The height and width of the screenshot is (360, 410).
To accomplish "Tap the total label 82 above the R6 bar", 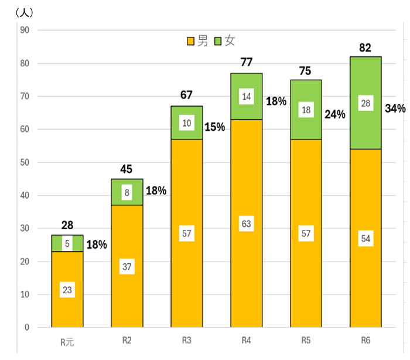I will [365, 47].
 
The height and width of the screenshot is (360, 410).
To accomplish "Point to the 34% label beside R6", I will [395, 108].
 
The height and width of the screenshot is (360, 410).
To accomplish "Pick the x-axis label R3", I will [186, 340].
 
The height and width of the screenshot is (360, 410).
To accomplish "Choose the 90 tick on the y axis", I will [25, 30].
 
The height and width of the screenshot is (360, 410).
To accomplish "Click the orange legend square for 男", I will [190, 41].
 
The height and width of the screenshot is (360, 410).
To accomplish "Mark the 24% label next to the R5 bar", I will [335, 114].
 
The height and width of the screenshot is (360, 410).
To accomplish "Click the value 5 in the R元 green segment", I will [67, 243].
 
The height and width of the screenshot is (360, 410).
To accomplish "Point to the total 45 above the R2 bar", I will [127, 170].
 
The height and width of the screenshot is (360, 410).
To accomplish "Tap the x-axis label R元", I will [67, 341].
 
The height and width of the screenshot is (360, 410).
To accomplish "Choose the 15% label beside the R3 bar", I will [215, 127].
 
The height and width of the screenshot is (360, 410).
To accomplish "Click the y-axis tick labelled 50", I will [25, 162].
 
